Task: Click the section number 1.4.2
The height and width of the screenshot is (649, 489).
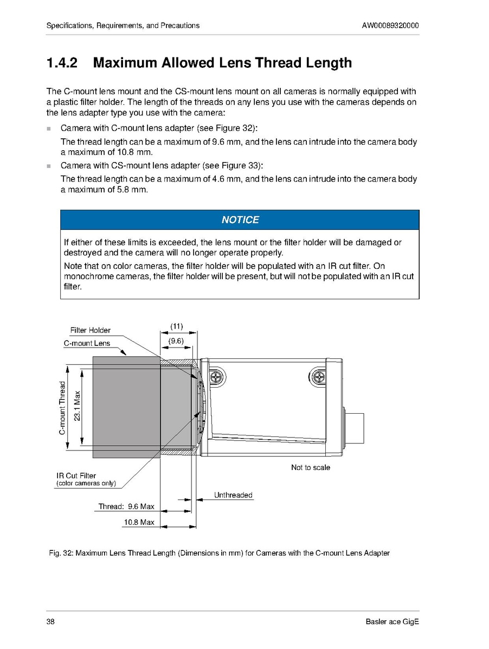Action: click(x=62, y=63)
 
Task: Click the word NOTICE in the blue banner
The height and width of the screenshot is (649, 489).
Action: click(x=240, y=220)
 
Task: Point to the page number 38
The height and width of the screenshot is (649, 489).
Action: click(x=51, y=621)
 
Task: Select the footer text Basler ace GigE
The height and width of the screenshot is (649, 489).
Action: click(x=393, y=621)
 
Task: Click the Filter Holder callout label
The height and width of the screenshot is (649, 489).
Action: click(x=90, y=330)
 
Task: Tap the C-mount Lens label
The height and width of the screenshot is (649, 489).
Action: click(x=87, y=343)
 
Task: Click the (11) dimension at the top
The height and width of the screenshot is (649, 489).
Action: click(x=177, y=326)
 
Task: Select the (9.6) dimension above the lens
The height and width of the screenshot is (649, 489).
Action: click(x=176, y=341)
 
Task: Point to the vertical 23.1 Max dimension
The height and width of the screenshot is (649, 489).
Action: click(x=77, y=406)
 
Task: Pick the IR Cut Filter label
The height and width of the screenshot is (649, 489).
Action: click(x=76, y=475)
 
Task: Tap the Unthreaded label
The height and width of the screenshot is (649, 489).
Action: click(x=233, y=495)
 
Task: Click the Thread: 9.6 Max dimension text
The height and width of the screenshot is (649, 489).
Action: click(x=126, y=506)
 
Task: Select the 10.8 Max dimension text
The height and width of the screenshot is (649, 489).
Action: click(x=139, y=522)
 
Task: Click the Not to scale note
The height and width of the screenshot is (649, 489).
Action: click(x=310, y=467)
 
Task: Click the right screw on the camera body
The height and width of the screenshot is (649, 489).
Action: click(x=318, y=376)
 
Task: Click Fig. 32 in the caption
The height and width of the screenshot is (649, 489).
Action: click(x=60, y=554)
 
